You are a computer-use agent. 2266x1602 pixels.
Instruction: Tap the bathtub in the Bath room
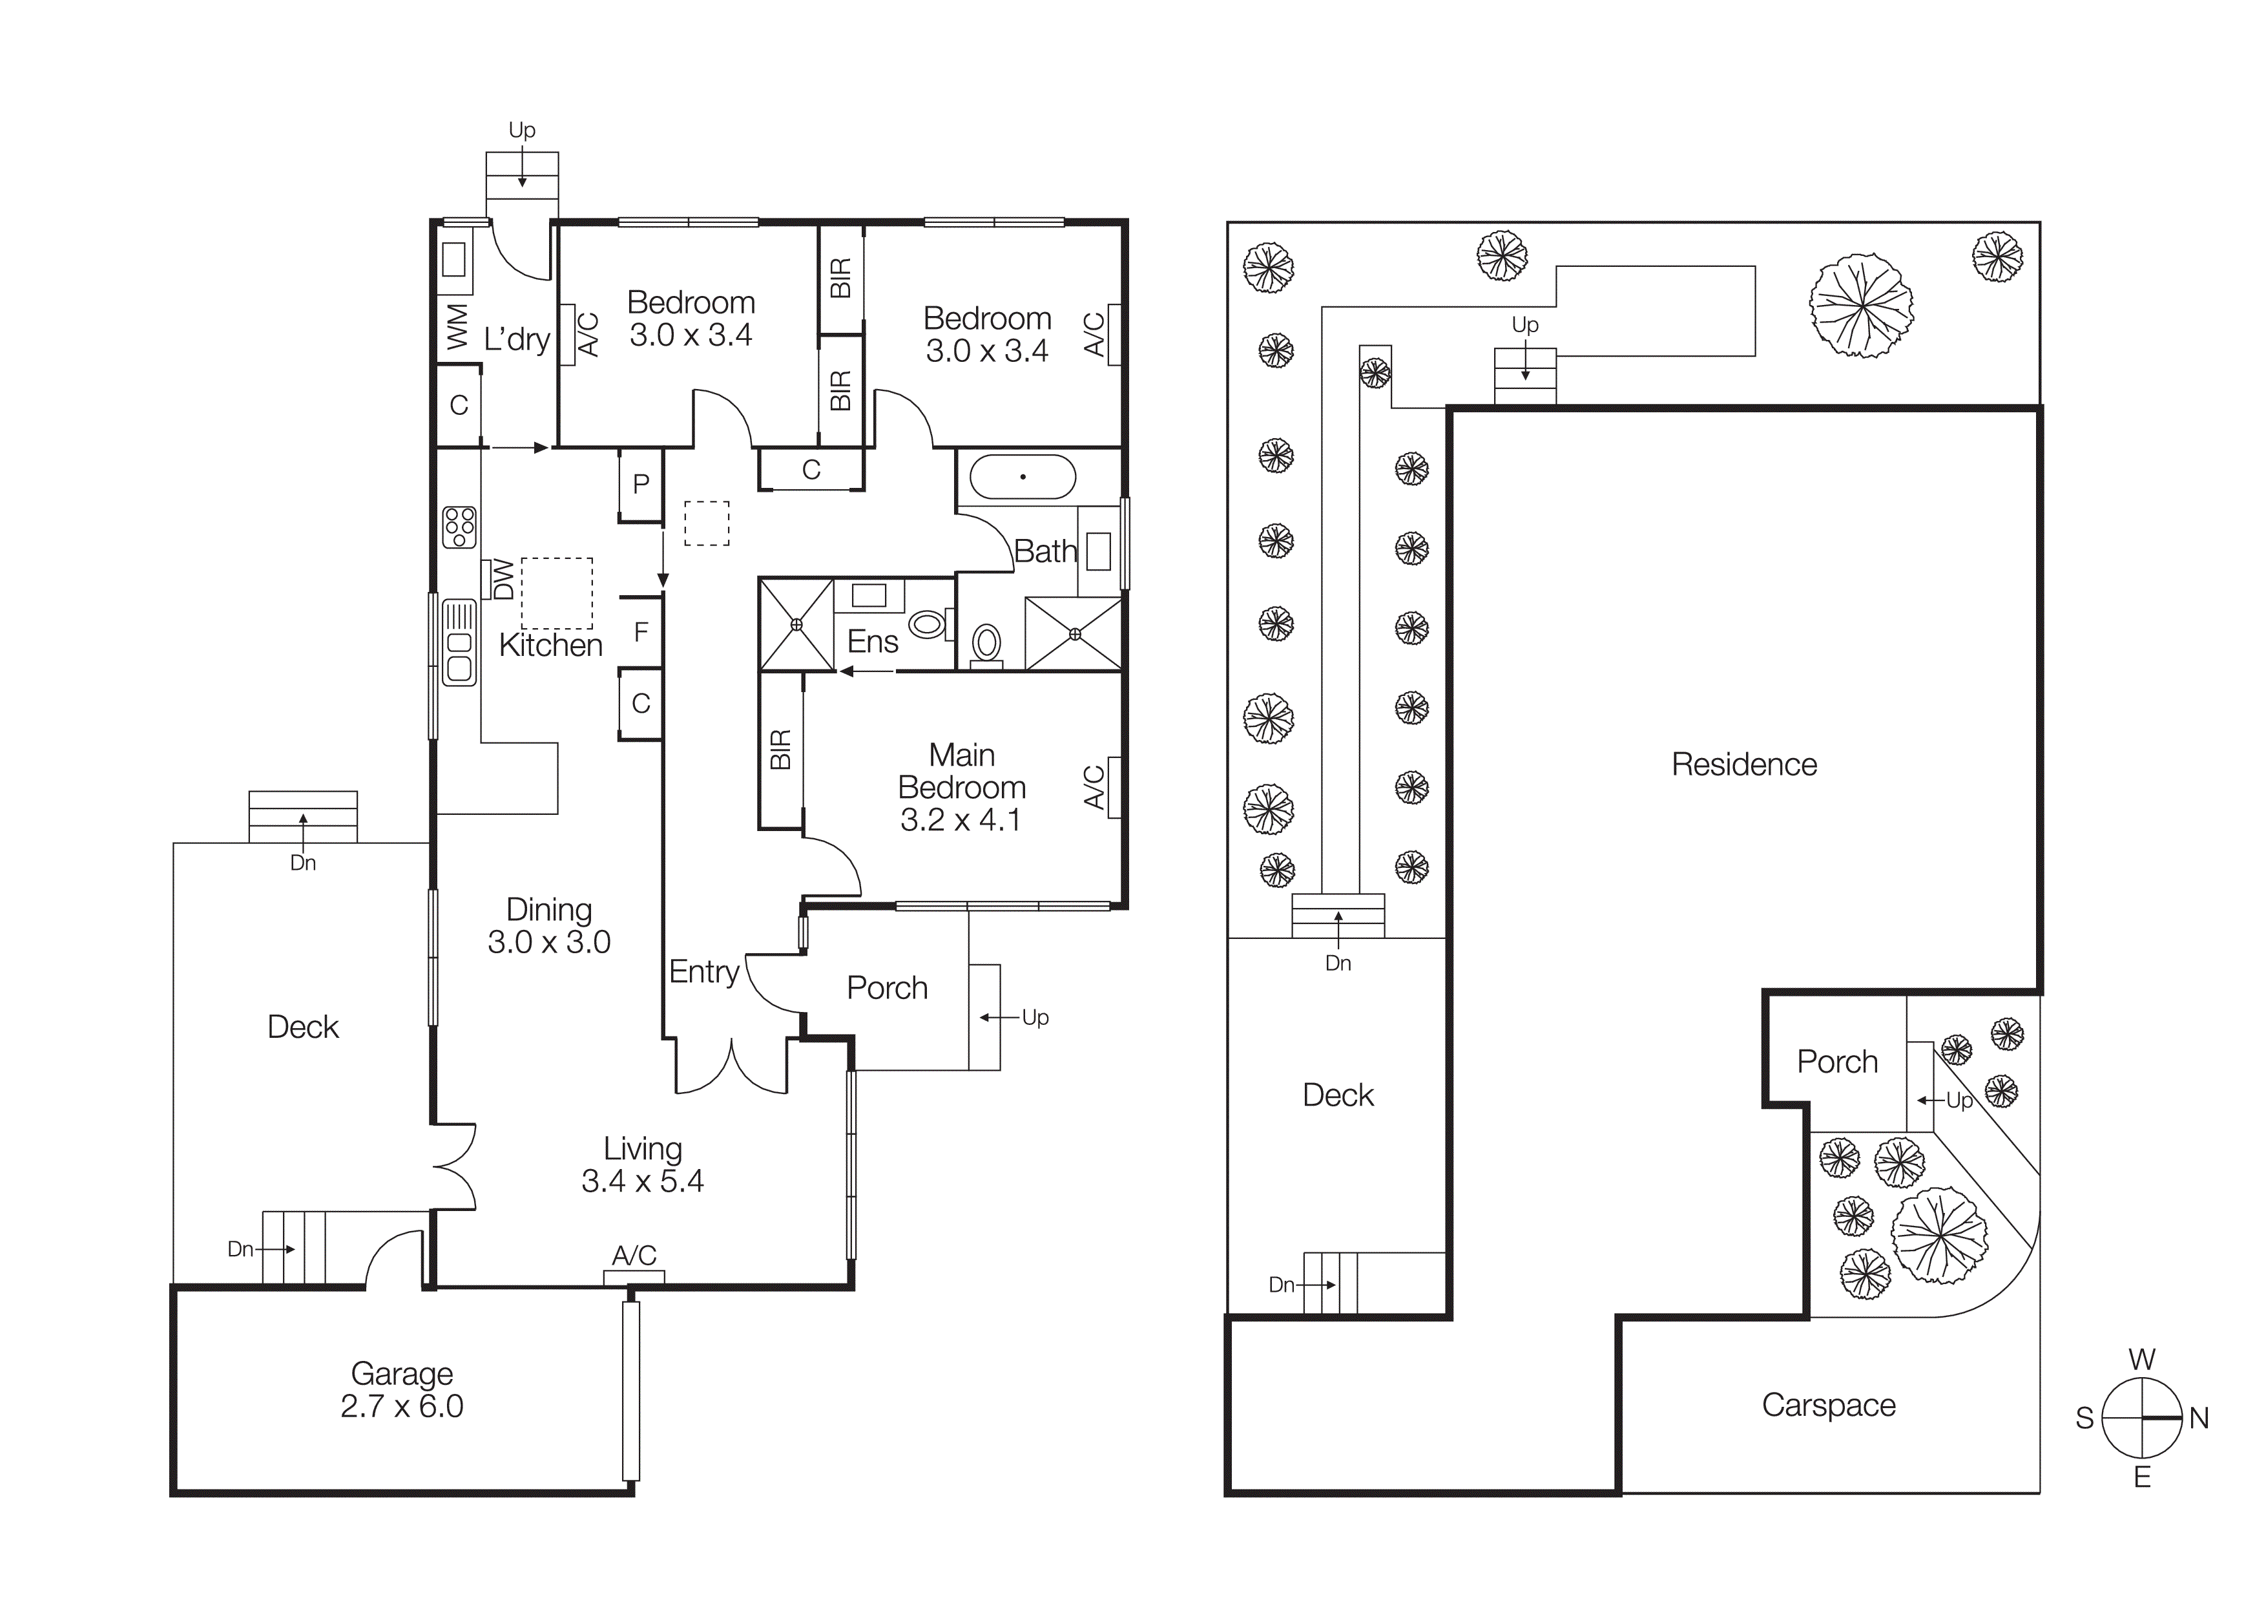(1023, 478)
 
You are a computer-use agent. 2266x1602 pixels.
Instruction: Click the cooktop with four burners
(459, 527)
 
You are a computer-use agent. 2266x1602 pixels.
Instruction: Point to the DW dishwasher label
(503, 580)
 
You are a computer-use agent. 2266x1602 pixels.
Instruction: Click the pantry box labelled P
(641, 483)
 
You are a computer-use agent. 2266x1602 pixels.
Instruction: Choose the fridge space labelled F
(641, 632)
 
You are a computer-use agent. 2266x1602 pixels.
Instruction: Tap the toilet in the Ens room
(927, 624)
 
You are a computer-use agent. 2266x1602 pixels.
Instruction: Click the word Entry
(703, 973)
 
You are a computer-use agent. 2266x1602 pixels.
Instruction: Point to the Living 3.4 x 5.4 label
(643, 1165)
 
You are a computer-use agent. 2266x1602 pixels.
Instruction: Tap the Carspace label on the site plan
(1828, 1405)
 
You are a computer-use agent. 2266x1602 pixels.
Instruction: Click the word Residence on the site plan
(1744, 764)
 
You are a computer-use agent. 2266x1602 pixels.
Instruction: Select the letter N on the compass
(2199, 1418)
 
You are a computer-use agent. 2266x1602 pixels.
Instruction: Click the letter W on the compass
(2141, 1359)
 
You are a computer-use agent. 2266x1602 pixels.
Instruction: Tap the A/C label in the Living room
(634, 1256)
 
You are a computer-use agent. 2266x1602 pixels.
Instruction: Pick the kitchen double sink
(459, 642)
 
